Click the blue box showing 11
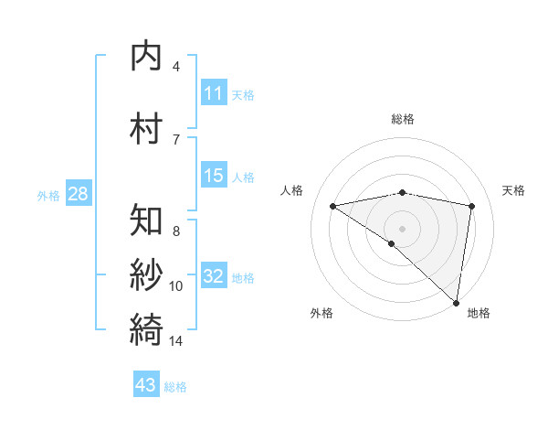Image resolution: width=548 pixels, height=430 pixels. [x=213, y=93]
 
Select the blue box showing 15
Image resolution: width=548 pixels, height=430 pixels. [x=213, y=176]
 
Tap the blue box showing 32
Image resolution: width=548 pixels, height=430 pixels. [x=213, y=276]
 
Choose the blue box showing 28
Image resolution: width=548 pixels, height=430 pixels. [x=78, y=194]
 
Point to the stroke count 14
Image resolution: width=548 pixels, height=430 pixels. [x=176, y=341]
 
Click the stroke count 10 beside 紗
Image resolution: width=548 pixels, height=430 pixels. [x=176, y=286]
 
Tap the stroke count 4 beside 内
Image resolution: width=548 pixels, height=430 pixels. [x=176, y=67]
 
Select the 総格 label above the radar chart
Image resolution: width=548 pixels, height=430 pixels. [x=403, y=119]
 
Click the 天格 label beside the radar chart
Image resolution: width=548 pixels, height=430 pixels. [x=514, y=190]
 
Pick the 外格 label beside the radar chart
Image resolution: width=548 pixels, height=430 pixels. [x=321, y=313]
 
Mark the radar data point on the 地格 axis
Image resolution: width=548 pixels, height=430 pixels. [x=457, y=301]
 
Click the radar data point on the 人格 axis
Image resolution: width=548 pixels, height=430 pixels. [x=333, y=206]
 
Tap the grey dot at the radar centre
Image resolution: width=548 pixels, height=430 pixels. [x=402, y=228]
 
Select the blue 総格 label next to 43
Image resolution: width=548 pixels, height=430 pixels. [x=175, y=387]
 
